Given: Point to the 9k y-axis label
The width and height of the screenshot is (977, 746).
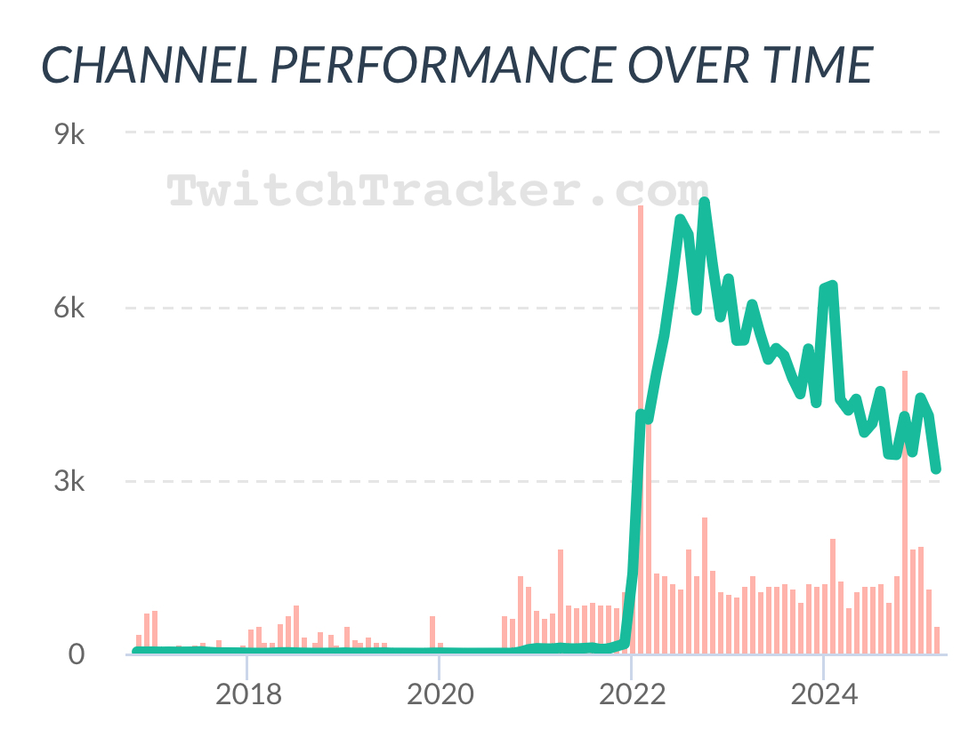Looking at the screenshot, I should (x=69, y=135).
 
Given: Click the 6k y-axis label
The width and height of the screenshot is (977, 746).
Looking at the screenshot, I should (x=69, y=309).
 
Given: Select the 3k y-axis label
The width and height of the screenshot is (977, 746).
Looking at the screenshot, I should (x=69, y=482).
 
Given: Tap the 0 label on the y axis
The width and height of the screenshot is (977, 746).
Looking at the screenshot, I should (x=77, y=654).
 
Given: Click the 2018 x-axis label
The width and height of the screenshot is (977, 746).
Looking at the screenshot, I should (x=248, y=694).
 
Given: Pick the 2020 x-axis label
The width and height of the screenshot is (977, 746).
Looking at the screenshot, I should (x=440, y=694).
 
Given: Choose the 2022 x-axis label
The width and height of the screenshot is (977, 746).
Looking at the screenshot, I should (x=631, y=694).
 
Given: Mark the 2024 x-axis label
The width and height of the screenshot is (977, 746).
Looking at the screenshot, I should (x=823, y=694).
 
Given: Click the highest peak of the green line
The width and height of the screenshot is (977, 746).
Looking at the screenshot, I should (x=704, y=204).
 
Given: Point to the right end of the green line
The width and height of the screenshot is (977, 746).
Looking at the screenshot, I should (x=936, y=469).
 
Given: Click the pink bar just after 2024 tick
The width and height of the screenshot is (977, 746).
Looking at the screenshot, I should (x=833, y=596).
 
